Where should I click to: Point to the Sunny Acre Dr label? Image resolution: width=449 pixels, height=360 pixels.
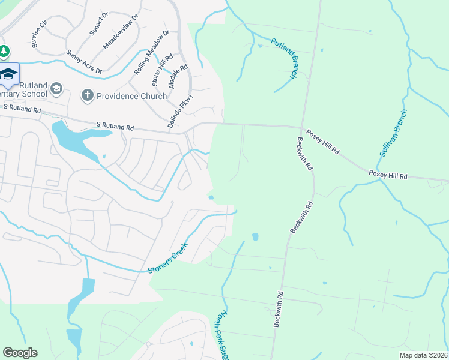[84, 62]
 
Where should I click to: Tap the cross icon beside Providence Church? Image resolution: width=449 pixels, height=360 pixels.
[87, 95]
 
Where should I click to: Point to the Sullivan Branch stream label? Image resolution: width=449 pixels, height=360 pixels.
[393, 133]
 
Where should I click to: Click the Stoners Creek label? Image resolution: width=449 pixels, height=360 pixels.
[169, 258]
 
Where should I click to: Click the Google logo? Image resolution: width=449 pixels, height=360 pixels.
[20, 353]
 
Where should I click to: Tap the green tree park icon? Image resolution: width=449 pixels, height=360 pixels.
[4, 52]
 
